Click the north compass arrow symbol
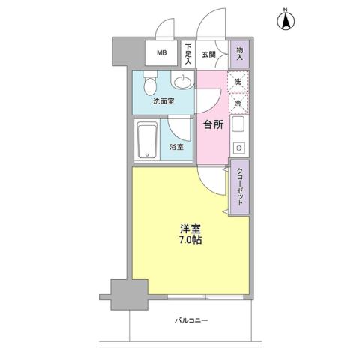286,22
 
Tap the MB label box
161,53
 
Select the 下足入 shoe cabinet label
188,54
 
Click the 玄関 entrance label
209,55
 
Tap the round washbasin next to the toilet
182,82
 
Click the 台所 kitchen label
213,125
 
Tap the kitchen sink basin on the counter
239,124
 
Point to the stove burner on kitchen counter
239,146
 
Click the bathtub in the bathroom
146,141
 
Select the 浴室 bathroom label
176,148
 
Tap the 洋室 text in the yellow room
189,229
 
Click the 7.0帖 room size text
189,241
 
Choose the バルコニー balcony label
192,320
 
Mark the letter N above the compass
286,9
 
